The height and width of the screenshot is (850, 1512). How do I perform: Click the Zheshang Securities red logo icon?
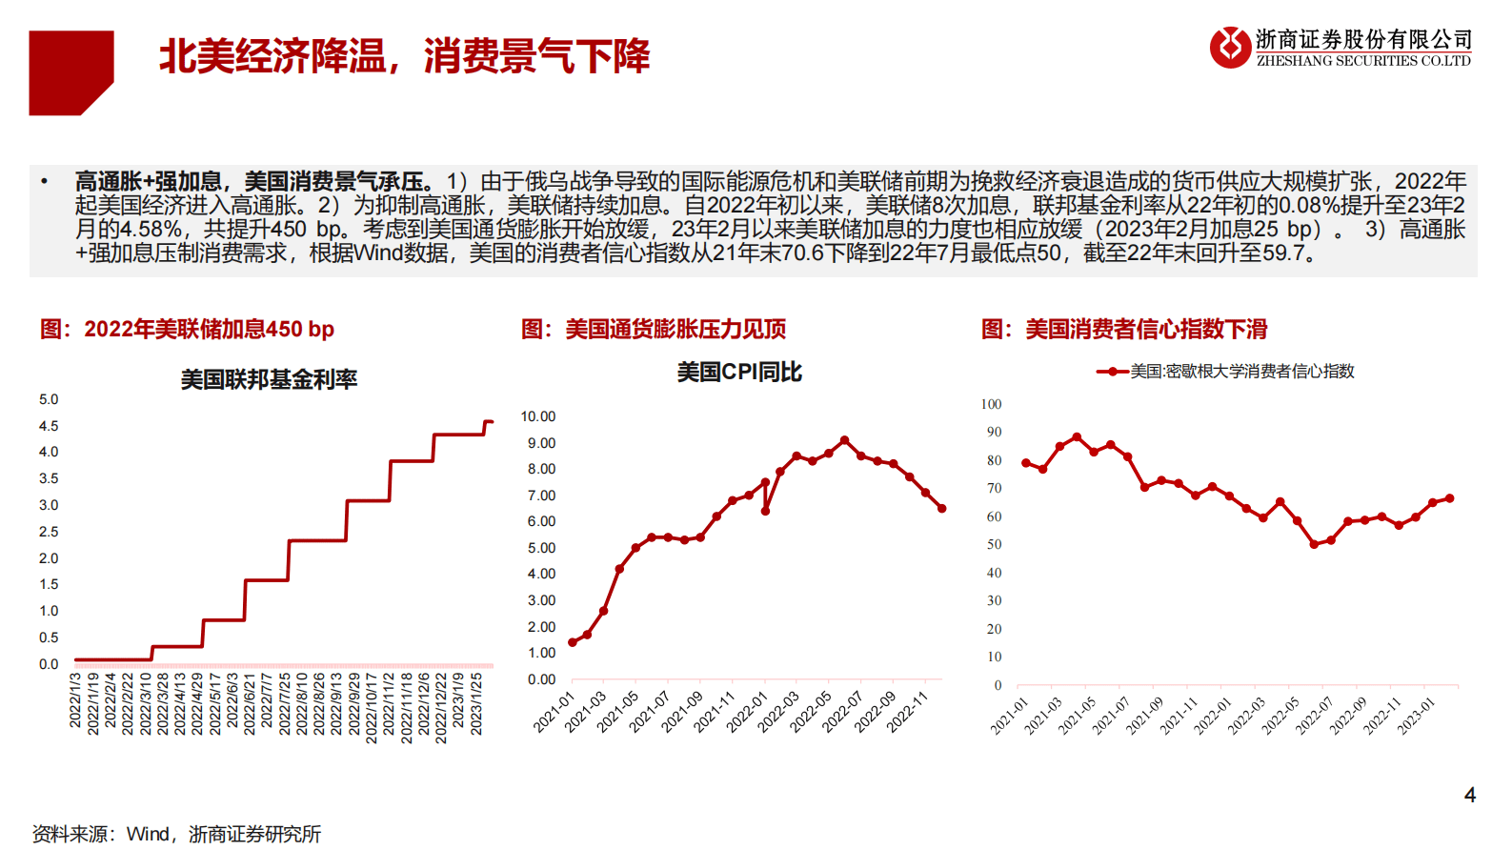(1230, 47)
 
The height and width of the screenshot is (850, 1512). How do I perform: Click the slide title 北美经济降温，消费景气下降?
(404, 56)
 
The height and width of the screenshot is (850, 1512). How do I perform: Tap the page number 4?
(1469, 795)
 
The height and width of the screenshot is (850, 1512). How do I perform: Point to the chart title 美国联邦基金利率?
(269, 379)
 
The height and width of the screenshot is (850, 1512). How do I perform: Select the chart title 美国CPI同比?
(739, 372)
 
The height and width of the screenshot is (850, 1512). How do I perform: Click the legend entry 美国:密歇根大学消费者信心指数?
(1241, 372)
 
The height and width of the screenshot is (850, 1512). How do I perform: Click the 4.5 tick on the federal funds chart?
(49, 426)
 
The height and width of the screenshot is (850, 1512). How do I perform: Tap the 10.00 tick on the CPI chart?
(537, 416)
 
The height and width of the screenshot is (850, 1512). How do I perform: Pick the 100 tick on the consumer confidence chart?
(991, 404)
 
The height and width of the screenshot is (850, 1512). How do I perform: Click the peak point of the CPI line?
(844, 440)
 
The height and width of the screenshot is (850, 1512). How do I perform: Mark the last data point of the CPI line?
(942, 509)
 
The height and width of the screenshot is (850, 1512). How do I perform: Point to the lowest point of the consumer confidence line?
(1314, 544)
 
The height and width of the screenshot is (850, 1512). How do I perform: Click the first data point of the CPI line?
(572, 642)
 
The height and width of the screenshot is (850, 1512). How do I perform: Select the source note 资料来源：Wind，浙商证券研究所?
(176, 834)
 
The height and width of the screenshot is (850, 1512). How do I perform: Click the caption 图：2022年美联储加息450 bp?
(187, 330)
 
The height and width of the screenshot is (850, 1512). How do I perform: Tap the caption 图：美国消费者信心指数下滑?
(1124, 330)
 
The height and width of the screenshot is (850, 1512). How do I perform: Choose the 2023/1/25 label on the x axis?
(476, 705)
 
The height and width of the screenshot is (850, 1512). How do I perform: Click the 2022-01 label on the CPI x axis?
(747, 712)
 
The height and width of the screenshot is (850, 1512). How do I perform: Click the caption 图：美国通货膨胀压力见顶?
(654, 330)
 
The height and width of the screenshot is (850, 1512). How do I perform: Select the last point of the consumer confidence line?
(1450, 498)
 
